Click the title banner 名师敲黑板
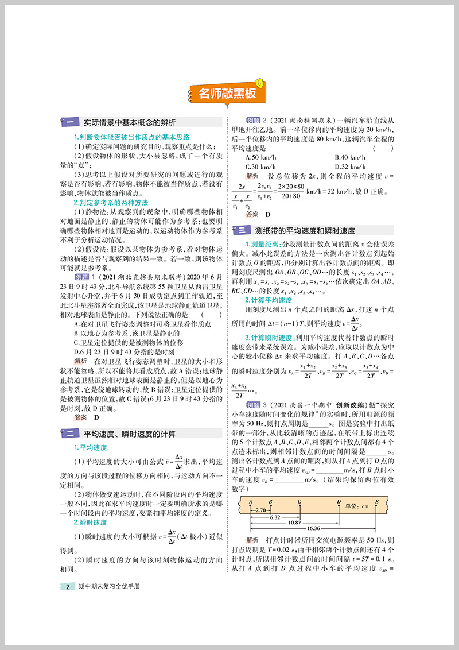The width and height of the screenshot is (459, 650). (227, 92)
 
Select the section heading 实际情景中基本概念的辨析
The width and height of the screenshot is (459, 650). (129, 122)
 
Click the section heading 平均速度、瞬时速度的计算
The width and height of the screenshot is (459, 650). (129, 434)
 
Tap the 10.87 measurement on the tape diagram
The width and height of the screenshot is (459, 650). (294, 522)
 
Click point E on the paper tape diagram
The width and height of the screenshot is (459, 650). (376, 501)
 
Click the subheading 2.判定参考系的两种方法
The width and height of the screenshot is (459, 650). (111, 203)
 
